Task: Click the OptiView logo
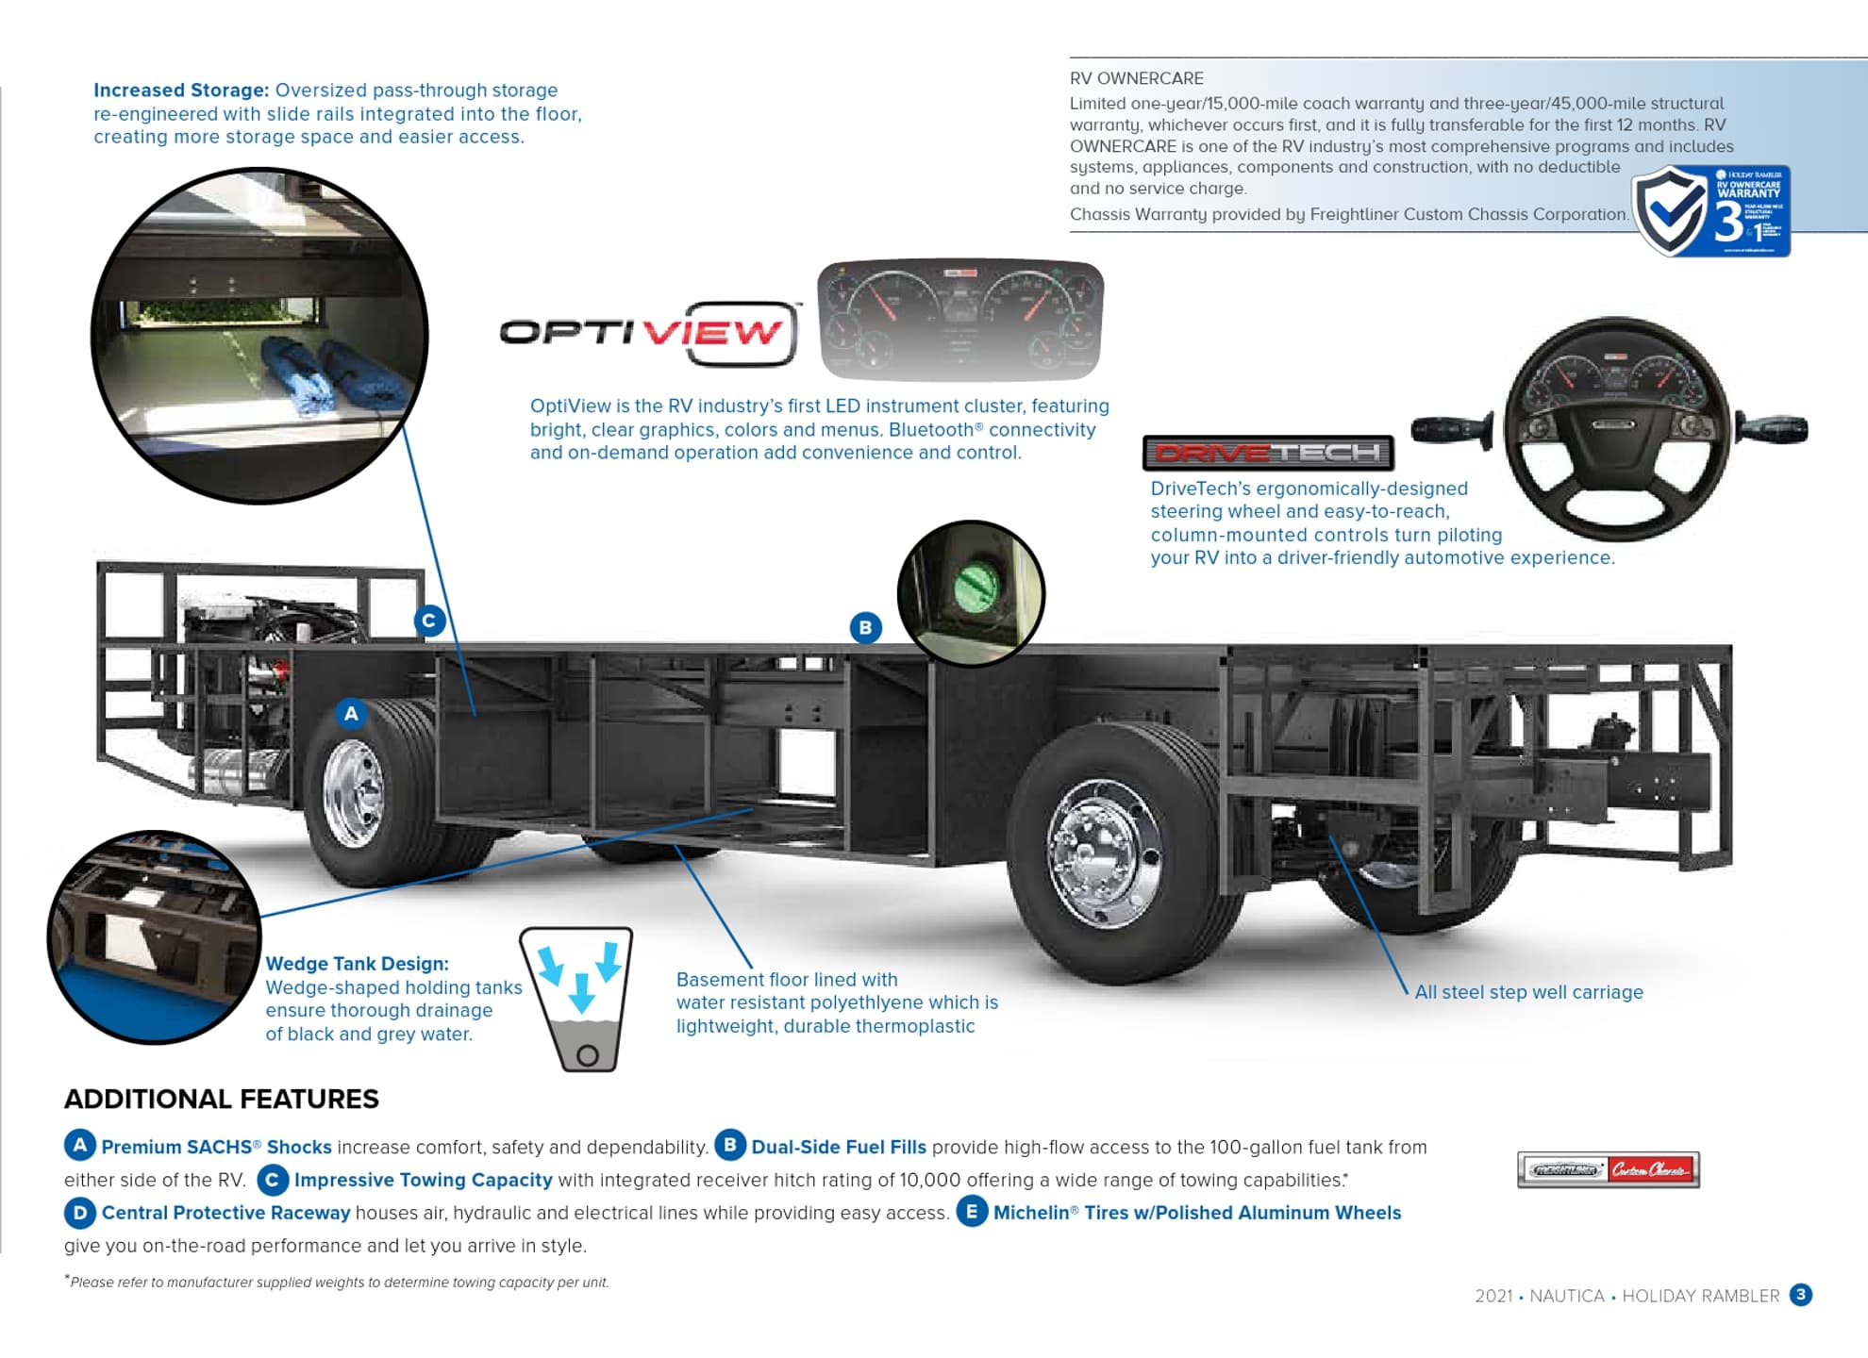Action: pyautogui.click(x=649, y=333)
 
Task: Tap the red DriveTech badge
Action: pyautogui.click(x=1267, y=454)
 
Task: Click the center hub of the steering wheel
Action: pyautogui.click(x=1614, y=426)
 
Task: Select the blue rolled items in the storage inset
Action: pyautogui.click(x=330, y=377)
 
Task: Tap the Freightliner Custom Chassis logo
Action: pyautogui.click(x=1608, y=1169)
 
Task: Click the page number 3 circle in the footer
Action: pyautogui.click(x=1800, y=1295)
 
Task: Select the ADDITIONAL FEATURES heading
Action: pyautogui.click(x=222, y=1099)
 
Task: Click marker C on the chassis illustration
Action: pyautogui.click(x=429, y=621)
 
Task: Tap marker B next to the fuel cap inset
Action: pyautogui.click(x=865, y=628)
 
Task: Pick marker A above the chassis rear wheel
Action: pyautogui.click(x=351, y=714)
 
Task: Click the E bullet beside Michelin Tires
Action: pyautogui.click(x=971, y=1212)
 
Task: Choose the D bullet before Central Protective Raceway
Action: pyautogui.click(x=79, y=1213)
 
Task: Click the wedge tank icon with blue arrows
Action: pyautogui.click(x=577, y=999)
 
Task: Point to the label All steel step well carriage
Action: pyautogui.click(x=1528, y=992)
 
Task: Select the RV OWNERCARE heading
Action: pyautogui.click(x=1136, y=78)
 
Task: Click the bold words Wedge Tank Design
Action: pyautogui.click(x=357, y=964)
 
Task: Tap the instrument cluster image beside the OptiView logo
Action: pyautogui.click(x=959, y=321)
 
